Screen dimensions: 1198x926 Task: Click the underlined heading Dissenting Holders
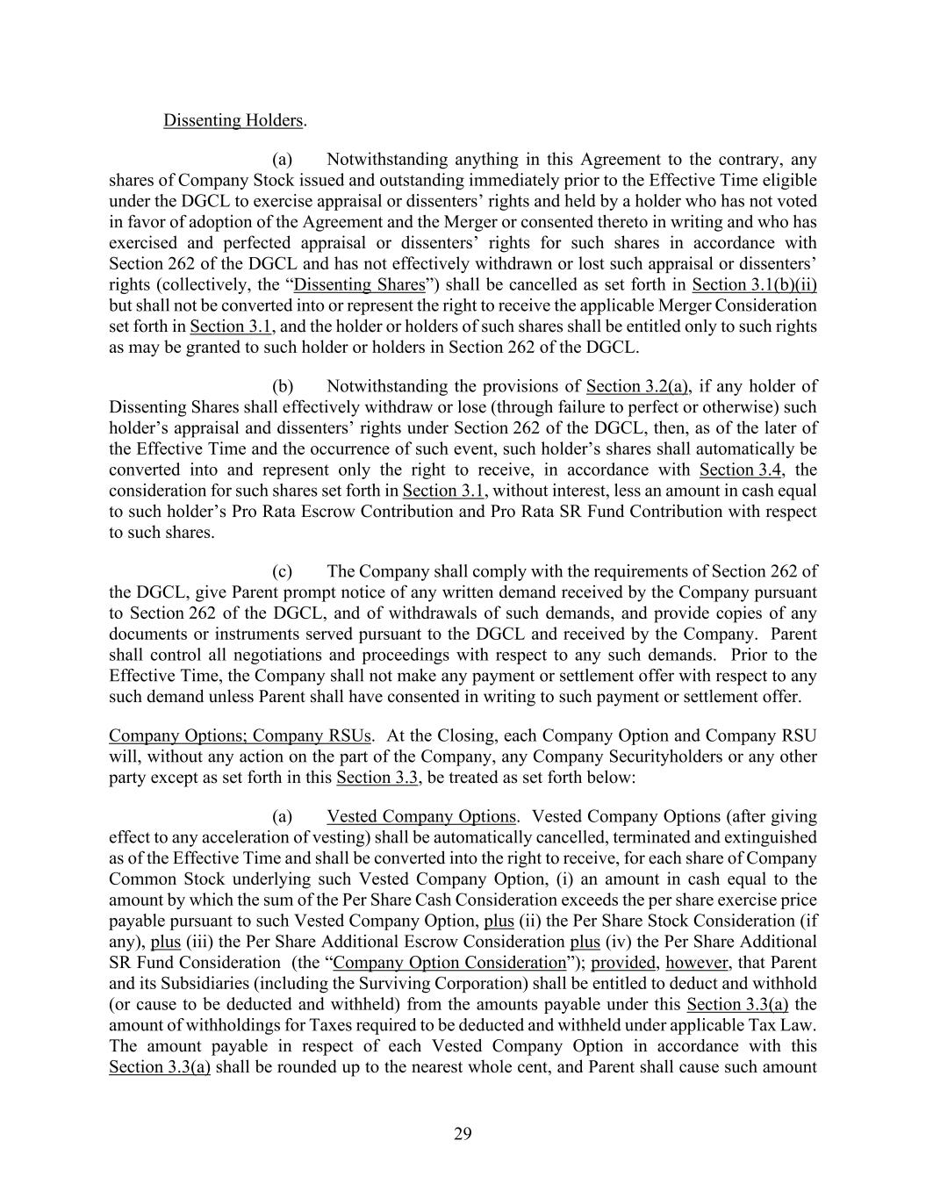(x=233, y=120)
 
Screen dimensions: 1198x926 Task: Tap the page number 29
(x=463, y=1134)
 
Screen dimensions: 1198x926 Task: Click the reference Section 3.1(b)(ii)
(x=754, y=285)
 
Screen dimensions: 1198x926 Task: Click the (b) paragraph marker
(x=283, y=387)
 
